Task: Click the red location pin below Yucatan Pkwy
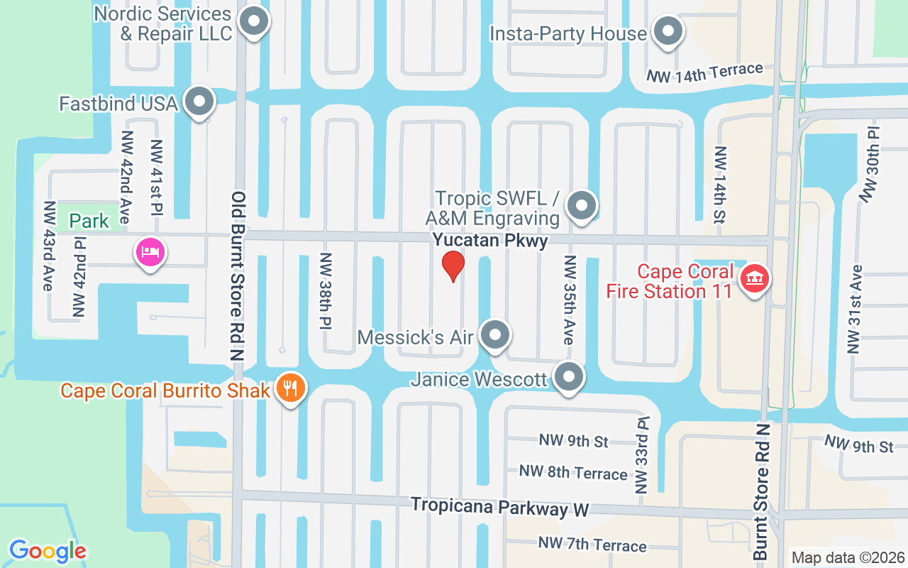(x=453, y=266)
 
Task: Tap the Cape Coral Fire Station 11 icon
(x=755, y=278)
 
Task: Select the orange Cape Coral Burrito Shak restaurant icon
(x=290, y=388)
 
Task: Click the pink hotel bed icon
(x=150, y=252)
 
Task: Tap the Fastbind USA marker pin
(x=199, y=102)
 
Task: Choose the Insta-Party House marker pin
(x=667, y=32)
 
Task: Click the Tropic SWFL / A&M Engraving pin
(x=582, y=206)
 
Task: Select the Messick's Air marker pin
(x=494, y=335)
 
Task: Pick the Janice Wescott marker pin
(x=568, y=377)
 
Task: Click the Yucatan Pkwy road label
(x=491, y=241)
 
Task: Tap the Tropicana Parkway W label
(x=500, y=507)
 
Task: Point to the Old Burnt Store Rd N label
(x=238, y=275)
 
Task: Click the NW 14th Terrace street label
(x=704, y=72)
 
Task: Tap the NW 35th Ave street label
(x=568, y=300)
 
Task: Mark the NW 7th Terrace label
(x=592, y=545)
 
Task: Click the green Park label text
(x=89, y=221)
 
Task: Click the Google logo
(x=48, y=550)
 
